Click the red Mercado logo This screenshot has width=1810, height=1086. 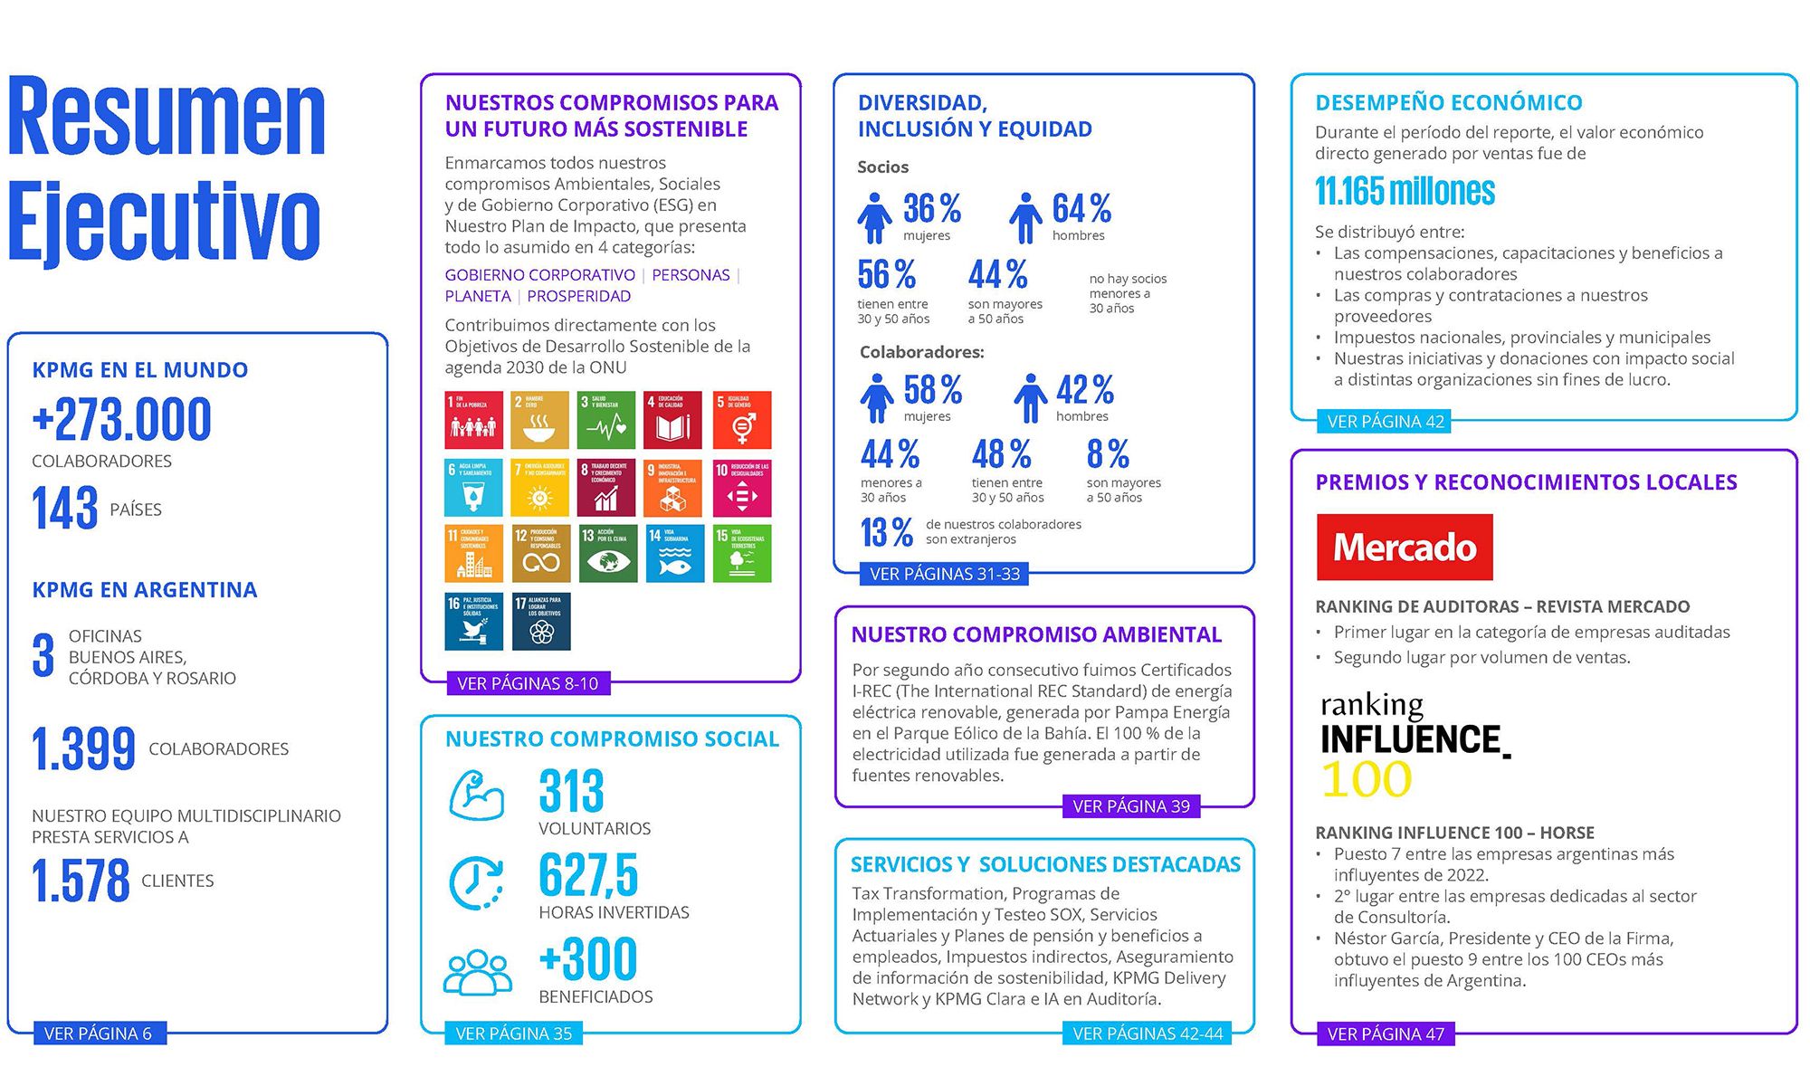coord(1404,548)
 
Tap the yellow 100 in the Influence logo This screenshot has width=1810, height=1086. coord(1366,779)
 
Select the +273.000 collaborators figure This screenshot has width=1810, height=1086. coord(121,420)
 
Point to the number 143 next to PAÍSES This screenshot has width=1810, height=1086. coord(64,508)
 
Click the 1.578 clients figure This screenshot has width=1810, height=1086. coord(81,881)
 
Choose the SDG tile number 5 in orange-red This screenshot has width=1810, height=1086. coord(742,420)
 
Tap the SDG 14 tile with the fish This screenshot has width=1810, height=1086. coord(674,553)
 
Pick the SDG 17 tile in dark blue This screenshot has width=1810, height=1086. coord(541,621)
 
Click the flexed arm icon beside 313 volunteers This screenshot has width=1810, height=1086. coord(476,795)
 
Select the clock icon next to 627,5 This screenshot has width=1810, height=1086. coord(476,881)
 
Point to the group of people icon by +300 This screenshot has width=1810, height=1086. coord(477,972)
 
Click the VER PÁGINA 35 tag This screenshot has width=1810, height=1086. coord(513,1034)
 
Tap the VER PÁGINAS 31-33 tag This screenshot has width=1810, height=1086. coord(944,574)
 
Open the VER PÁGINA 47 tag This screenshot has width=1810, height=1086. coord(1385,1034)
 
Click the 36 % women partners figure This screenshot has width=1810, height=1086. coord(931,209)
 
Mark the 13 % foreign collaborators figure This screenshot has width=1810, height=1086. coord(886,532)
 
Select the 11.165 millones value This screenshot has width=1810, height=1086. coord(1405,191)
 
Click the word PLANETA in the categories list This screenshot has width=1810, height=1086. coord(478,296)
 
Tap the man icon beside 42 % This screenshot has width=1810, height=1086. coord(1030,398)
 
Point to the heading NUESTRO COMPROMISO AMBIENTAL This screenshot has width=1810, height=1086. coord(1036,634)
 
